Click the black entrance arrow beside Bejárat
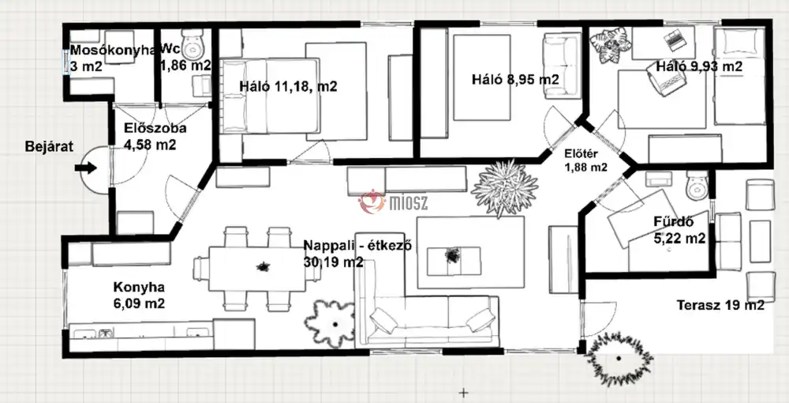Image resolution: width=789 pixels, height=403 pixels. click(x=85, y=168)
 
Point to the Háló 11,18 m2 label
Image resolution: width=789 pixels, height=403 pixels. click(x=288, y=86)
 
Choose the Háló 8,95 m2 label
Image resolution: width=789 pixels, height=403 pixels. click(x=515, y=80)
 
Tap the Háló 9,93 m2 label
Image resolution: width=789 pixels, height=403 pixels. click(x=699, y=66)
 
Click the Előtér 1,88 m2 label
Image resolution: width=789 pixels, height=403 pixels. click(x=585, y=160)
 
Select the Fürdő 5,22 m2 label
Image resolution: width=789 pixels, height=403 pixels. click(x=679, y=230)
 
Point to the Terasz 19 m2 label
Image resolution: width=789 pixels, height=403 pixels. click(x=720, y=305)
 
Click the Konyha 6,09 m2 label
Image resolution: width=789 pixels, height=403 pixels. click(x=139, y=296)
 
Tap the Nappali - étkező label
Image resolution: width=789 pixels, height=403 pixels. click(x=358, y=246)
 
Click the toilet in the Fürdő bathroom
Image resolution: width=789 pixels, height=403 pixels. click(x=697, y=185)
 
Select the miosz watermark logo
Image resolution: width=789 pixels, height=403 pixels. click(x=393, y=202)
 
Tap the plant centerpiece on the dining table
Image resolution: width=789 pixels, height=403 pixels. click(x=263, y=266)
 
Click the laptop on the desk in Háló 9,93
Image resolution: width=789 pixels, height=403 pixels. click(x=675, y=40)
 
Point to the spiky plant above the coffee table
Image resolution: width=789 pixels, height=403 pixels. click(x=504, y=187)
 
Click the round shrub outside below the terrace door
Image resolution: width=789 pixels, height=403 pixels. click(x=619, y=358)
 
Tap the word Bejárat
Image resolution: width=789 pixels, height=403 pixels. click(x=49, y=147)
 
